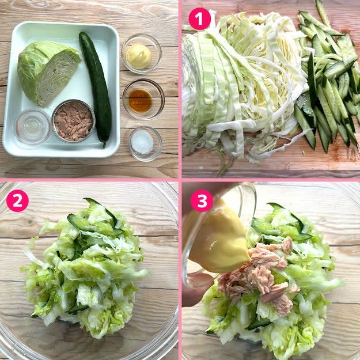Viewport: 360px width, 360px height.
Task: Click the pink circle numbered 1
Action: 199,19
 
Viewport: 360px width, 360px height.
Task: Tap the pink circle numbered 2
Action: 17,200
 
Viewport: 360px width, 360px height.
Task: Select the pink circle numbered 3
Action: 202,200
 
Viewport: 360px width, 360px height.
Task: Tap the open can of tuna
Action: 73,121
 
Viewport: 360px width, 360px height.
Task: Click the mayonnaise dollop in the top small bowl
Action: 139,56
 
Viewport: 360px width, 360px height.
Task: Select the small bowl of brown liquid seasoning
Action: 143,99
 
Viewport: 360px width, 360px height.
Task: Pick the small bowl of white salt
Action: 145,143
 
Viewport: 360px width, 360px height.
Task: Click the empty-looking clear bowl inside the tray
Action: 32,127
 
